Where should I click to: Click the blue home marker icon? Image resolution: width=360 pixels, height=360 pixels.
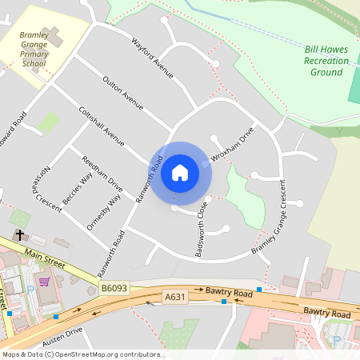(180, 172)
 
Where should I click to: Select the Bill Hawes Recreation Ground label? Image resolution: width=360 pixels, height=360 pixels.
(326, 61)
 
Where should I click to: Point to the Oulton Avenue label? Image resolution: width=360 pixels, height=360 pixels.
(122, 93)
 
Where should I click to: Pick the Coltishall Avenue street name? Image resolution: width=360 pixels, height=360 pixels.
(102, 126)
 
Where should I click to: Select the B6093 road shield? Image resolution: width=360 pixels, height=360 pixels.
(114, 286)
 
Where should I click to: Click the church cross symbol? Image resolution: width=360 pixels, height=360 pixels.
(18, 236)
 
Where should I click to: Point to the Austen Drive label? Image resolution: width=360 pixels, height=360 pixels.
(63, 331)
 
